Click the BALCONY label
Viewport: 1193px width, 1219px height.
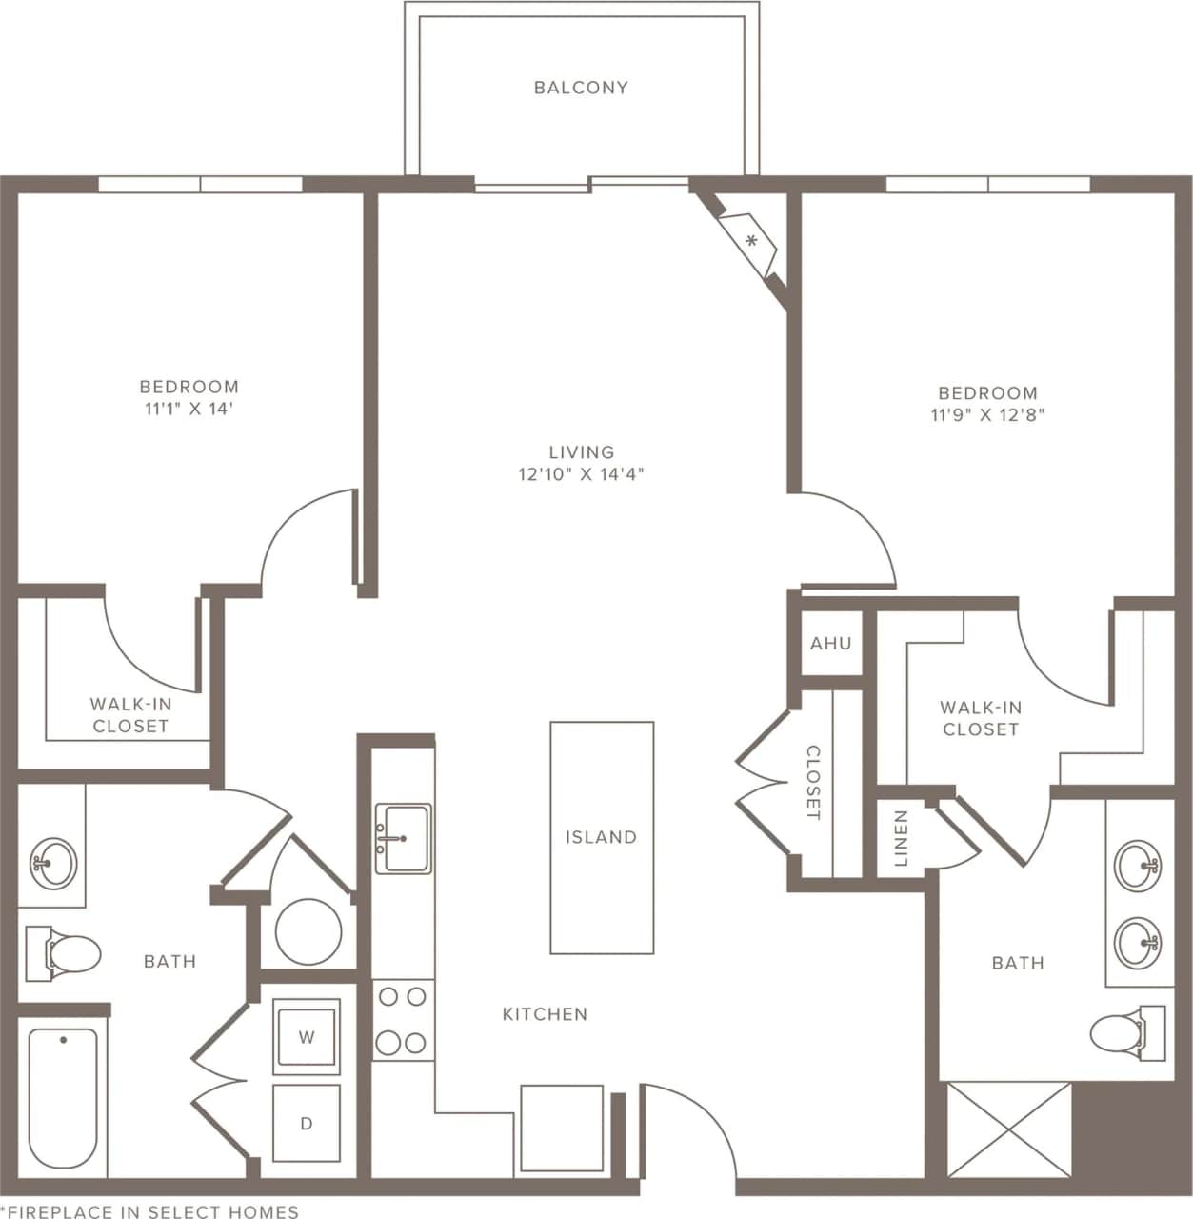click(x=581, y=88)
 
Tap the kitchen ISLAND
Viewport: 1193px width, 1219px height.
click(x=602, y=837)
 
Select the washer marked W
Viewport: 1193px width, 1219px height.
click(x=307, y=1037)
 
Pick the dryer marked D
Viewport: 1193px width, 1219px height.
click(x=307, y=1124)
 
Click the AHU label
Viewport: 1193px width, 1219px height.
click(x=831, y=644)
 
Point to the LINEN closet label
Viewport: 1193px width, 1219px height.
click(x=901, y=839)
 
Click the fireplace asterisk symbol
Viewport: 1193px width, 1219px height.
click(x=751, y=241)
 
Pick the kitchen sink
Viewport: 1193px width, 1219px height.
click(x=403, y=838)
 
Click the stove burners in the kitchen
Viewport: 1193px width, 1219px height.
click(x=401, y=1020)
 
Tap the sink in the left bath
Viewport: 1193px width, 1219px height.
click(x=53, y=863)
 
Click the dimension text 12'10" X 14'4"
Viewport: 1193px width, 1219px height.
click(x=581, y=474)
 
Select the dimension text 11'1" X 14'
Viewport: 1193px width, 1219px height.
click(x=189, y=410)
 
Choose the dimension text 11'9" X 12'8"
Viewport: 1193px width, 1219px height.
click(x=987, y=415)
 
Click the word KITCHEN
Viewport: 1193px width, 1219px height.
click(x=545, y=1014)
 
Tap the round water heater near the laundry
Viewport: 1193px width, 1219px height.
click(x=308, y=930)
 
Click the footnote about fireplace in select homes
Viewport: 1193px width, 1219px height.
click(x=150, y=1211)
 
